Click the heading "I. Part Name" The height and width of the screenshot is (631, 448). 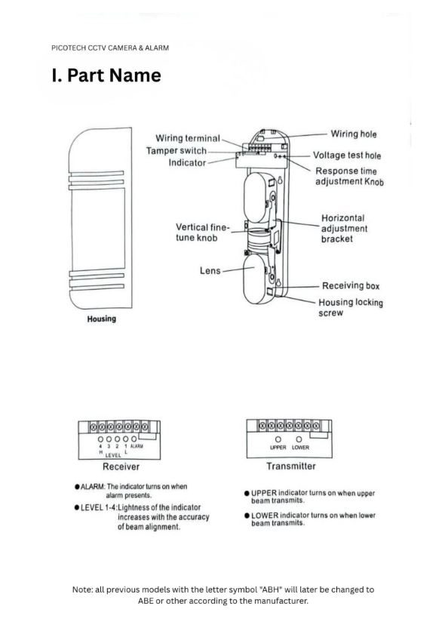pos(106,75)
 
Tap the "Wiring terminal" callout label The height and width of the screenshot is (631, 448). pos(188,138)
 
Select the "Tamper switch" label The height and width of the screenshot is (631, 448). pos(176,150)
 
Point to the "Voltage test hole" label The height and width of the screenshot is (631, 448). pos(347,155)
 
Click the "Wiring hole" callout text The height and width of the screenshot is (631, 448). pos(354,134)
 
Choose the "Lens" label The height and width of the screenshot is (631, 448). pos(210,270)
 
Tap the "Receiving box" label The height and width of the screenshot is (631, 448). pos(351,286)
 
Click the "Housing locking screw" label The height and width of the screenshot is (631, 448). pos(350,307)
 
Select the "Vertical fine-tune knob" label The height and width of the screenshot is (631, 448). pos(202,232)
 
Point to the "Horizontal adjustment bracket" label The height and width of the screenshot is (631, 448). pos(344,229)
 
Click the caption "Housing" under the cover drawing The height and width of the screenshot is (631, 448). pos(101,319)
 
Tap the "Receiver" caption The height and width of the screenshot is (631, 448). pos(121,466)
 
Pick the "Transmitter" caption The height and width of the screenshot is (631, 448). pos(291,466)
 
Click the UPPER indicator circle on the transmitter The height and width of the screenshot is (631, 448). pos(278,439)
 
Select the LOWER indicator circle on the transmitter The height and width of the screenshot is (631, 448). pos(299,439)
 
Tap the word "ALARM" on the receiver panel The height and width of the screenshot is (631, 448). pos(137,446)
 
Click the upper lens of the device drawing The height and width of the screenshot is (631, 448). pos(256,198)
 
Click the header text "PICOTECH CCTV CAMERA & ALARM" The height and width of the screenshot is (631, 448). pos(110,48)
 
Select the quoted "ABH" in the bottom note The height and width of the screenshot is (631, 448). pos(272,589)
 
